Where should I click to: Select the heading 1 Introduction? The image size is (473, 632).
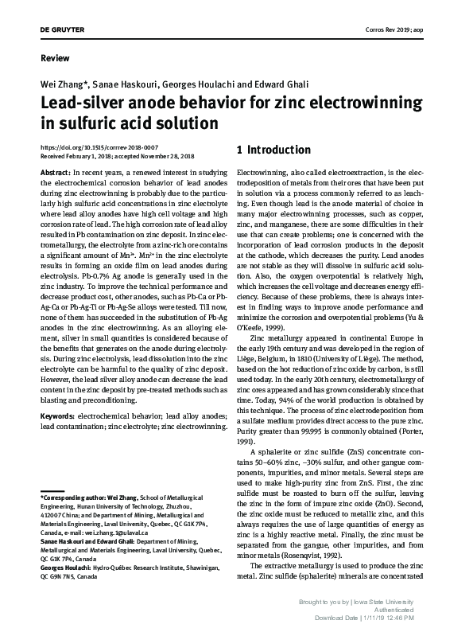tap(274, 150)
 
